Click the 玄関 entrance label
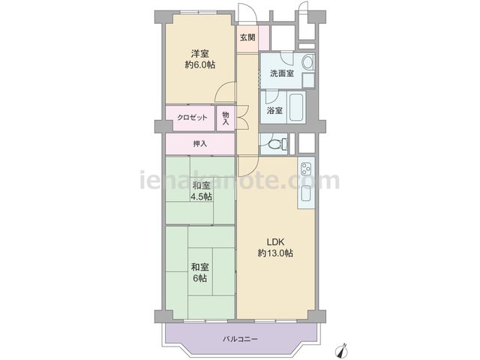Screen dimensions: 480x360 [x=247, y=37]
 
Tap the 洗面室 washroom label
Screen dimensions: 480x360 [x=282, y=73]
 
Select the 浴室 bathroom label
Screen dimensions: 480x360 [x=274, y=110]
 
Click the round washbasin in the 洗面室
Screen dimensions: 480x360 [x=307, y=62]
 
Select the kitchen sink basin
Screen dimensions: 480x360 [x=306, y=193]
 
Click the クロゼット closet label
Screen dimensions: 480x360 [x=192, y=118]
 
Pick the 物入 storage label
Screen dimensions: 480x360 [x=226, y=118]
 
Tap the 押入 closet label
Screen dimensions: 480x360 [x=200, y=143]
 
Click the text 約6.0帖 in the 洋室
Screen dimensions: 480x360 [x=200, y=65]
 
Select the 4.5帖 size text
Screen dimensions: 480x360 [x=201, y=196]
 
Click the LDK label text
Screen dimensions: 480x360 [x=275, y=242]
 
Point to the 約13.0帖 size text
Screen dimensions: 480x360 [x=275, y=253]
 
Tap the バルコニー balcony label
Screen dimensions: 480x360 [x=240, y=339]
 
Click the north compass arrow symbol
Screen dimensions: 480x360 [x=342, y=350]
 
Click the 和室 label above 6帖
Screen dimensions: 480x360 [x=200, y=267]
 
